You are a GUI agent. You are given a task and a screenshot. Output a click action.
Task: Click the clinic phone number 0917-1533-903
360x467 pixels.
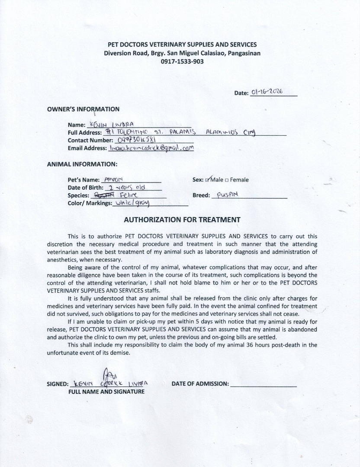click(x=182, y=61)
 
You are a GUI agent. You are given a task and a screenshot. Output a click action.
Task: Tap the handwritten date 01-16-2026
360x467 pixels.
click(x=267, y=92)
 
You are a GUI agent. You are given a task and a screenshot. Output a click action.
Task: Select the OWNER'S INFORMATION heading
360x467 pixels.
click(x=83, y=109)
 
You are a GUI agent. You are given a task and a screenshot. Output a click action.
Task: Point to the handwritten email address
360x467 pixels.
click(x=151, y=148)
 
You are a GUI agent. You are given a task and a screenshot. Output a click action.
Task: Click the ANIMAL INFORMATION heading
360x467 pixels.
click(x=82, y=164)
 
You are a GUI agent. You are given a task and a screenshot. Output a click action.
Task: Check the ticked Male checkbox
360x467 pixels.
click(x=208, y=180)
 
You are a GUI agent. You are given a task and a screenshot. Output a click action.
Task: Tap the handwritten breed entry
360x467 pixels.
click(x=227, y=195)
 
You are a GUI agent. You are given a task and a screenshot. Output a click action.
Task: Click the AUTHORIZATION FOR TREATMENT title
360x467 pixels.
click(x=182, y=219)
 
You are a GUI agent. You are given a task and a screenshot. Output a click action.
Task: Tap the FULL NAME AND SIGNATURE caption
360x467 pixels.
click(x=106, y=391)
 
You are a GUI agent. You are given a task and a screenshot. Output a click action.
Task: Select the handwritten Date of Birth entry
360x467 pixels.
click(x=127, y=188)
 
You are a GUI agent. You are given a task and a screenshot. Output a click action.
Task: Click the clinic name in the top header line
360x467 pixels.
click(x=182, y=45)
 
